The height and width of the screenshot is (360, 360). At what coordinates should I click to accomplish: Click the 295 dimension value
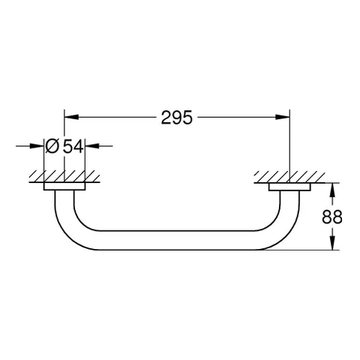176,118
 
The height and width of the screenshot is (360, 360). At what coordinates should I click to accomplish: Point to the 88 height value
332,217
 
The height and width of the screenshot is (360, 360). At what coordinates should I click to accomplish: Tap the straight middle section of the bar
176,241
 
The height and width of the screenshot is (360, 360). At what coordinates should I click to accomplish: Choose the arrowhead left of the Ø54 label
40,146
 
